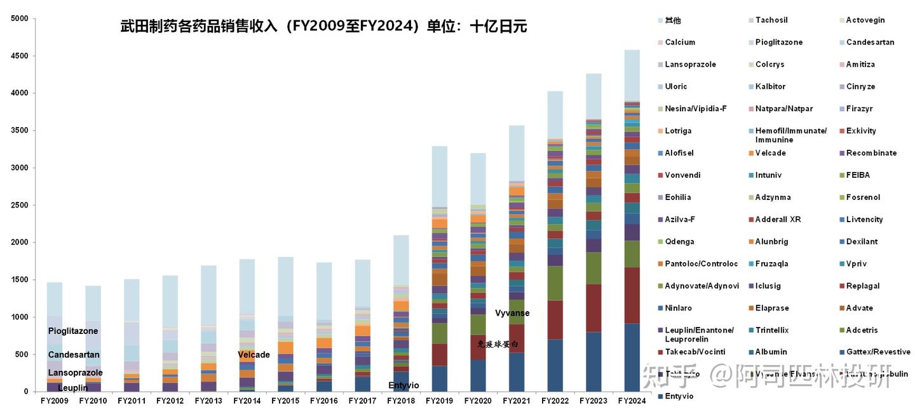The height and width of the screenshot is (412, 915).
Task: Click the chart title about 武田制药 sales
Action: (x=323, y=27)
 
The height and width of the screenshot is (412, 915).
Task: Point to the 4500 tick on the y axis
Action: (x=20, y=56)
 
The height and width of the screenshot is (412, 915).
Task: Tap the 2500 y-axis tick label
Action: (x=20, y=205)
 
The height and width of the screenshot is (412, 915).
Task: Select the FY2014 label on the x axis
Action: (x=247, y=401)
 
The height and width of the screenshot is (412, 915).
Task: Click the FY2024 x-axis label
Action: (x=632, y=401)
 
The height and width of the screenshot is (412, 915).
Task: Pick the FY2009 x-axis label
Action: (x=55, y=401)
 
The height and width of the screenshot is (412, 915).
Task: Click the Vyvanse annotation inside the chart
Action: (x=512, y=313)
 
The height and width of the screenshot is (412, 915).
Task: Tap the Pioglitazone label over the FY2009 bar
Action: (x=73, y=331)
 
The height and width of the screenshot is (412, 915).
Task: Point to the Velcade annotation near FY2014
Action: (x=254, y=355)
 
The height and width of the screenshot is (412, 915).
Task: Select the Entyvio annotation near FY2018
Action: (x=403, y=385)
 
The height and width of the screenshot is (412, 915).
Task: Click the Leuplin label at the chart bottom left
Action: (x=73, y=388)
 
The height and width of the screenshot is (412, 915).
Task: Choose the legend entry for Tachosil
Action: (x=771, y=20)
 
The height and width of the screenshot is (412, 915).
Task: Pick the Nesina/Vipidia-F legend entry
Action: (x=695, y=109)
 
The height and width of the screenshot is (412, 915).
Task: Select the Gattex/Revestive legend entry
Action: (x=878, y=352)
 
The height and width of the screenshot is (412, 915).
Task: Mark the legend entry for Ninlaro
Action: (x=679, y=308)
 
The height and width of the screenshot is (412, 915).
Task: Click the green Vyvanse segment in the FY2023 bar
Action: (x=593, y=268)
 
